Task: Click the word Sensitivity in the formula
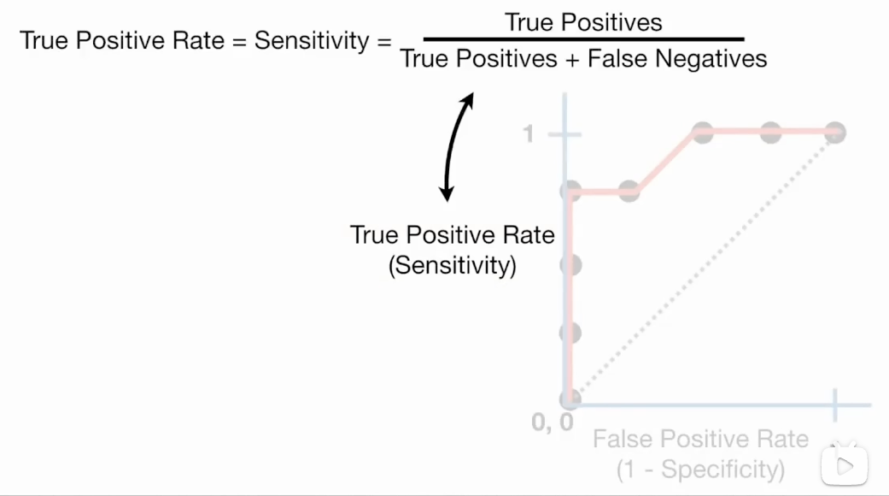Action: pos(311,40)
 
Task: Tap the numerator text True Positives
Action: pos(583,22)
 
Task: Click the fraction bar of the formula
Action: pos(583,39)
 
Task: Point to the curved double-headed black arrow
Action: pos(457,148)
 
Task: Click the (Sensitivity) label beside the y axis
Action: pos(453,265)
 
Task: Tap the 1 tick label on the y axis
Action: pos(529,134)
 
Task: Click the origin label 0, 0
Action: pos(552,422)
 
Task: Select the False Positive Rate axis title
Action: pos(700,440)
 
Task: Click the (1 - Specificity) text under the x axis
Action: pos(700,469)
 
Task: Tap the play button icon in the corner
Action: pos(845,466)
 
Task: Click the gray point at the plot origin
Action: pos(570,399)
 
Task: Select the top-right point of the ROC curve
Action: pos(834,133)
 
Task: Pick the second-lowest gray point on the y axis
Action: pos(570,332)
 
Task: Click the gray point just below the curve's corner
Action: pos(570,264)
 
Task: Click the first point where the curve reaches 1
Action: pos(703,133)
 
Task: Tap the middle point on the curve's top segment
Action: pos(769,133)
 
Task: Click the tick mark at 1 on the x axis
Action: pos(834,402)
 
